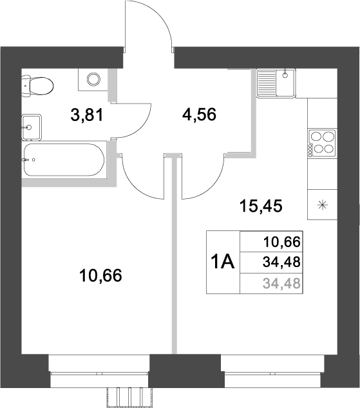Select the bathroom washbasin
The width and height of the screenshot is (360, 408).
pyautogui.click(x=30, y=126)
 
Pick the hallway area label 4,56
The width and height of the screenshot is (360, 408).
pyautogui.click(x=199, y=115)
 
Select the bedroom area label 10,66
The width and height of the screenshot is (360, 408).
pyautogui.click(x=100, y=276)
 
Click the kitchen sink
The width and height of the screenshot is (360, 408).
pyautogui.click(x=276, y=82)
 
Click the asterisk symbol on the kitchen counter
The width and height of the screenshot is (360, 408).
pyautogui.click(x=322, y=206)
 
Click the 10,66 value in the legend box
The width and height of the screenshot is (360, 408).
pyautogui.click(x=282, y=243)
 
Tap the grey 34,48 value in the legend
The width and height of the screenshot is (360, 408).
pyautogui.click(x=282, y=283)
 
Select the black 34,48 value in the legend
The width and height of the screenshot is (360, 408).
pyautogui.click(x=282, y=262)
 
